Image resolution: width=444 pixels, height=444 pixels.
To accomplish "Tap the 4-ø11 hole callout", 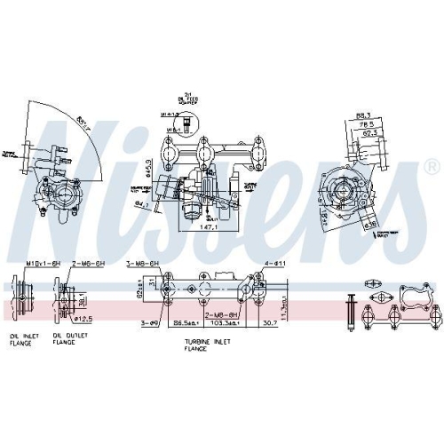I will pos(274,264).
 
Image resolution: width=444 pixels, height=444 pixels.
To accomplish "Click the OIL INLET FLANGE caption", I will pos(24,339).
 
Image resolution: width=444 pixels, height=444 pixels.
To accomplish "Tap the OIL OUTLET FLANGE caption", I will pos(68,339).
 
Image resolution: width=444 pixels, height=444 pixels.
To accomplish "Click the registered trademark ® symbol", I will pos(431,166).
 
